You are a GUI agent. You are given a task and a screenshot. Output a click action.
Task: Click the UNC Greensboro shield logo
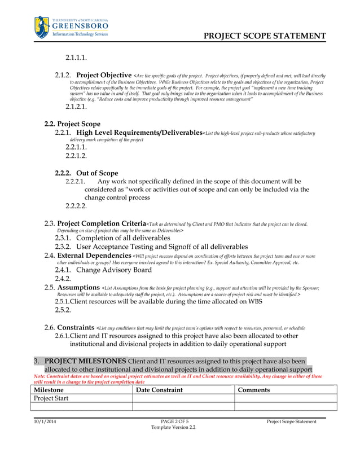[x=42, y=27]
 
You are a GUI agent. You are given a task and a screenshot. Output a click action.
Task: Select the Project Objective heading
[x=104, y=75]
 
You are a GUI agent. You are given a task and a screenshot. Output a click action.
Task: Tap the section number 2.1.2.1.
[x=76, y=107]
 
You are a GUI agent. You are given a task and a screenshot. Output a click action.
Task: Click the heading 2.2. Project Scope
[x=72, y=124]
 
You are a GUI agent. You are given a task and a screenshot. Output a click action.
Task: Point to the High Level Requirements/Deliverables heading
[x=139, y=133]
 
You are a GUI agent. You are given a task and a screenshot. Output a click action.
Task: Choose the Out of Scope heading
[x=97, y=173]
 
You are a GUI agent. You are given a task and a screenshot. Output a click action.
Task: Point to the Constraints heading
[x=76, y=327]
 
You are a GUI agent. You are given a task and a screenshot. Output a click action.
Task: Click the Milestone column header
[x=49, y=390]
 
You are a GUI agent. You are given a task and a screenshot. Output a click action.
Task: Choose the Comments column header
[x=254, y=390]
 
